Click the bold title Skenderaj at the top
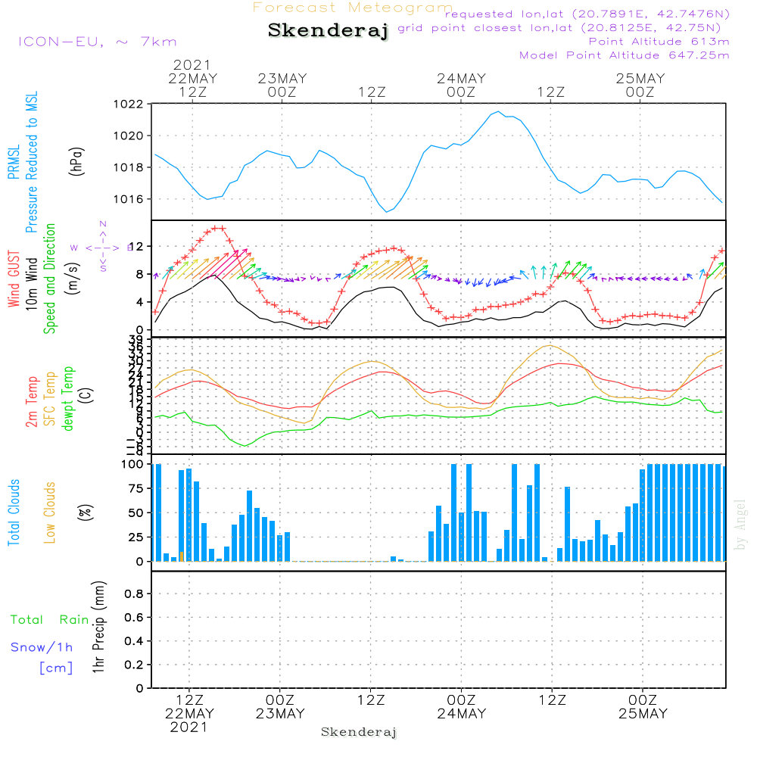click(x=328, y=31)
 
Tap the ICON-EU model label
click(x=97, y=42)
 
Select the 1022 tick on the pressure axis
click(x=128, y=104)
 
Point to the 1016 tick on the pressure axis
click(x=128, y=199)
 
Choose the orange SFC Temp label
click(x=51, y=398)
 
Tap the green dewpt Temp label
click(x=69, y=398)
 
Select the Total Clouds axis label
click(x=14, y=512)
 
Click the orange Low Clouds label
click(x=51, y=512)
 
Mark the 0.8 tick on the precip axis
click(x=134, y=594)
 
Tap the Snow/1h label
click(x=42, y=647)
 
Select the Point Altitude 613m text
click(x=659, y=42)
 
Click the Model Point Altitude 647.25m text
click(x=625, y=55)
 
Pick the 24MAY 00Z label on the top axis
click(x=461, y=85)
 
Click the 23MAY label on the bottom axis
click(x=280, y=714)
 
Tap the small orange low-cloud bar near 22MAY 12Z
click(x=181, y=556)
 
